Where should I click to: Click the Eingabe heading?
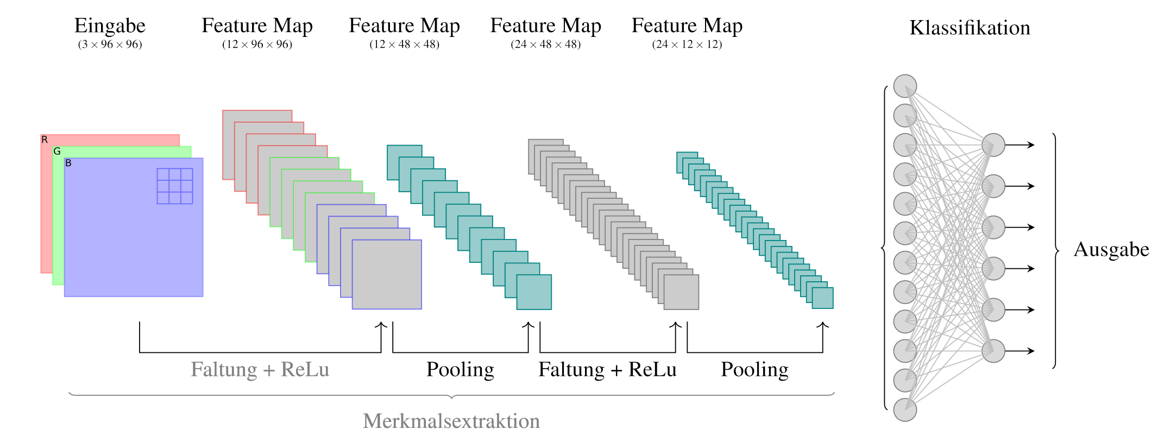(x=110, y=26)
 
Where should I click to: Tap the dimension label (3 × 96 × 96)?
(x=110, y=45)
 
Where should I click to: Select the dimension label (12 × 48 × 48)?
(x=404, y=45)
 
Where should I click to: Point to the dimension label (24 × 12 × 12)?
(x=687, y=45)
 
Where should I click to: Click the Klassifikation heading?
(x=970, y=28)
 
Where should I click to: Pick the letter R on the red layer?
(x=45, y=140)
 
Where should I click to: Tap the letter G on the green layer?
(x=56, y=151)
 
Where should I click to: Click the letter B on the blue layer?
(x=68, y=163)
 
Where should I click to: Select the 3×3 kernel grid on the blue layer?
(x=175, y=186)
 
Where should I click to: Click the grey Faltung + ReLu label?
(x=260, y=370)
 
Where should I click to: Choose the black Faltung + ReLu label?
(x=607, y=370)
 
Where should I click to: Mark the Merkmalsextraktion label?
(x=451, y=421)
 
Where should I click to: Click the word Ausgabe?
(x=1111, y=250)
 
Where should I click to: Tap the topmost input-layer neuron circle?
(x=905, y=86)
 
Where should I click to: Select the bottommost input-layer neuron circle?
(x=905, y=410)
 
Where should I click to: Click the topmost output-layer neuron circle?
(x=993, y=145)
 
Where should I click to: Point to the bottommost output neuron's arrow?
(x=1020, y=351)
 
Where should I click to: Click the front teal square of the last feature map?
(x=823, y=298)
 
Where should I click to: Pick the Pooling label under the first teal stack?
(x=460, y=370)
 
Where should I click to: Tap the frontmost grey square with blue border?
(x=387, y=275)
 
